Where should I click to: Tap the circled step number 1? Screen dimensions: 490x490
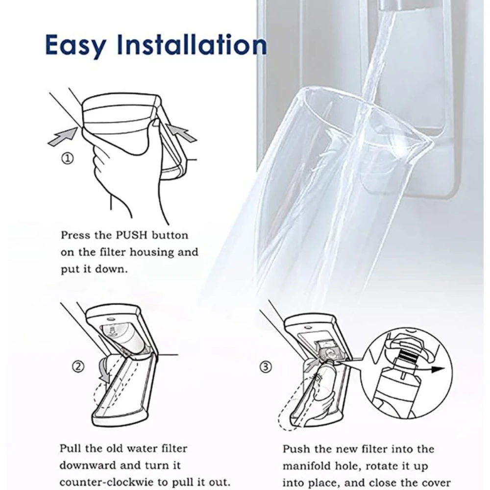(x=68, y=158)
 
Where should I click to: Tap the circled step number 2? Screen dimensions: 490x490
(x=79, y=366)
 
